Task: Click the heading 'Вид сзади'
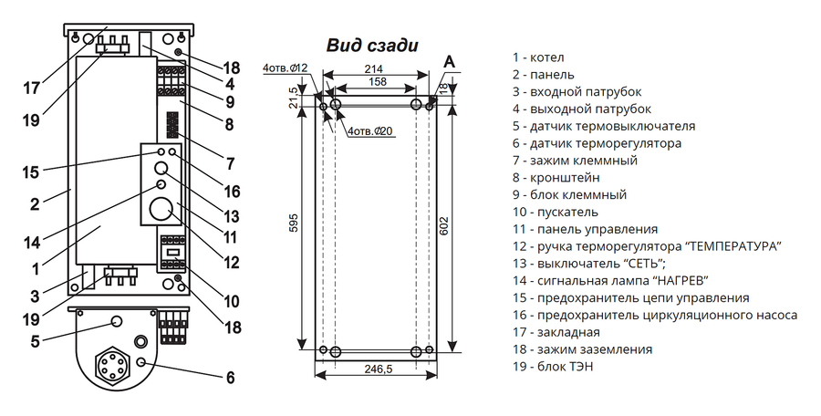[372, 45]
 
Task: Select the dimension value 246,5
[378, 369]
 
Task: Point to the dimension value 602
[443, 226]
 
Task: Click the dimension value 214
[375, 68]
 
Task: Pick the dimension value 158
[377, 81]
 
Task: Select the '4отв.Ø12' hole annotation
[286, 68]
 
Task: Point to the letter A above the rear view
[449, 62]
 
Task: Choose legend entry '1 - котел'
[538, 57]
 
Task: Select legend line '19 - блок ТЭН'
[553, 367]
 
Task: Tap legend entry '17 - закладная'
[556, 332]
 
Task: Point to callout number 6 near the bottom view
[231, 378]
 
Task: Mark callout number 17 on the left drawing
[31, 88]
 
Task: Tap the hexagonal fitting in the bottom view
[111, 368]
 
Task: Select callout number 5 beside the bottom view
[35, 341]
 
